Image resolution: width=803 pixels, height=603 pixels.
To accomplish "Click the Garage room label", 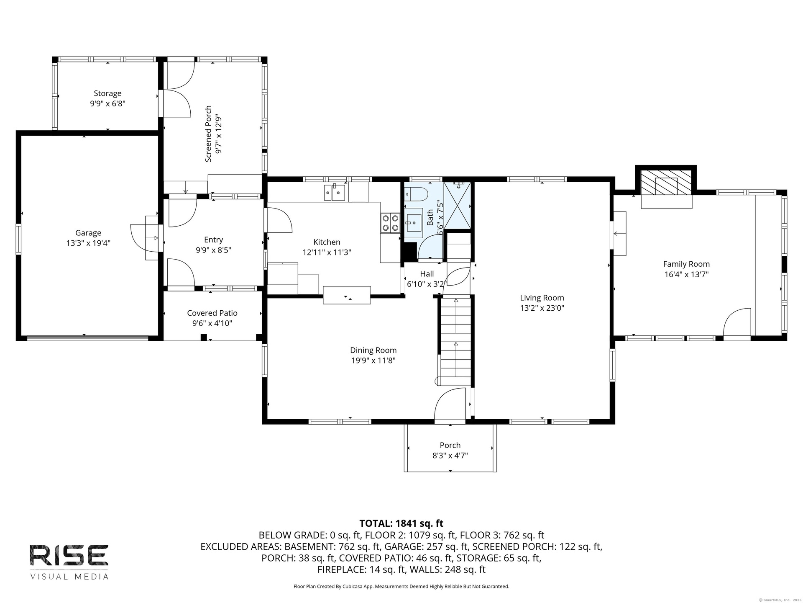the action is (x=88, y=233).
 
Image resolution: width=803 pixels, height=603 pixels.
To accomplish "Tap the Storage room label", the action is (x=107, y=93).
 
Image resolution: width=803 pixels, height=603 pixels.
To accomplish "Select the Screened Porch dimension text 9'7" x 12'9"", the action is (x=218, y=134).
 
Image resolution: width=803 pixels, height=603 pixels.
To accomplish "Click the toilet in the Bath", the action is (x=416, y=194).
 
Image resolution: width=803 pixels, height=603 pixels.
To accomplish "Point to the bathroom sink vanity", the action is (x=414, y=222).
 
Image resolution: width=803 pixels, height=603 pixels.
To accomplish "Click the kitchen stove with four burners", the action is (x=390, y=223).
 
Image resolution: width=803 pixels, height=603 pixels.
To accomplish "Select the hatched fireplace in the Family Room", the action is (x=666, y=183).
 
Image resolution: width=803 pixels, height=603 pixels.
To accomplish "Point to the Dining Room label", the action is (x=373, y=350).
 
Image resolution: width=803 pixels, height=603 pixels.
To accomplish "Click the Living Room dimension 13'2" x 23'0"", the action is (x=542, y=308).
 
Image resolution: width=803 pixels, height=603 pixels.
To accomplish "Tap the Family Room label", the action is (x=686, y=264).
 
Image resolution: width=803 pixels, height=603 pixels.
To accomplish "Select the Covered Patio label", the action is (x=212, y=313).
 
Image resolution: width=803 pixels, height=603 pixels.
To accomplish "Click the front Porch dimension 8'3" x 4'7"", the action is (x=450, y=456).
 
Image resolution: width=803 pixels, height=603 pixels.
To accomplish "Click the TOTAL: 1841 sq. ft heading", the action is (x=401, y=523).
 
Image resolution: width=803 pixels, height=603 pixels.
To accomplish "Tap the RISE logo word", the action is (x=69, y=555).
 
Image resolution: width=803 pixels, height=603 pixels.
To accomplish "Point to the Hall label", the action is (x=427, y=274).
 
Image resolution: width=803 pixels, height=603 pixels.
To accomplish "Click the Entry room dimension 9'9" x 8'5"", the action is (x=213, y=250).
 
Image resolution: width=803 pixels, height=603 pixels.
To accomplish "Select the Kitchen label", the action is (x=327, y=242).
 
